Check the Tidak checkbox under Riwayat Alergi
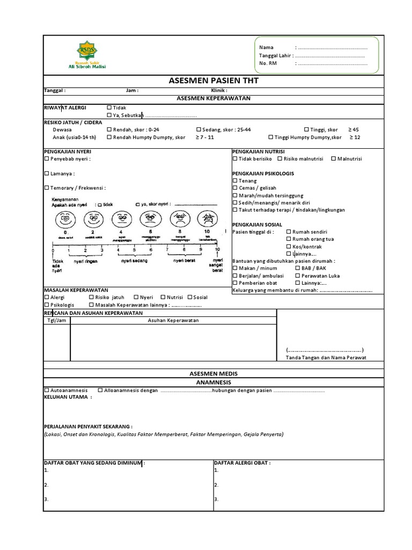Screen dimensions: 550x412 [109, 107]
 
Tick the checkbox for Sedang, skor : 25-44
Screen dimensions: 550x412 [198, 130]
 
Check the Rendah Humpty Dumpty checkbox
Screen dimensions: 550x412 [109, 137]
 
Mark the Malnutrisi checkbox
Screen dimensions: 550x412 [334, 159]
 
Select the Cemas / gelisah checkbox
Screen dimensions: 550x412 [235, 189]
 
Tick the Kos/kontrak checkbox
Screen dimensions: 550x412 [289, 247]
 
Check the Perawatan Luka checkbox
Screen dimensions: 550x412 [297, 276]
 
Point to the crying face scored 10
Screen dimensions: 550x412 [207, 219]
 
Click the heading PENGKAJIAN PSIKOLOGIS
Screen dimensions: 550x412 [263, 173]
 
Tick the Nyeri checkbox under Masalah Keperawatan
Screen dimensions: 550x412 [136, 297]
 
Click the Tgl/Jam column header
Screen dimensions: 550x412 [56, 321]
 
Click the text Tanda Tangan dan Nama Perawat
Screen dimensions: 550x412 [326, 358]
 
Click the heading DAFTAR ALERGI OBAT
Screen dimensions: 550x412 [242, 462]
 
